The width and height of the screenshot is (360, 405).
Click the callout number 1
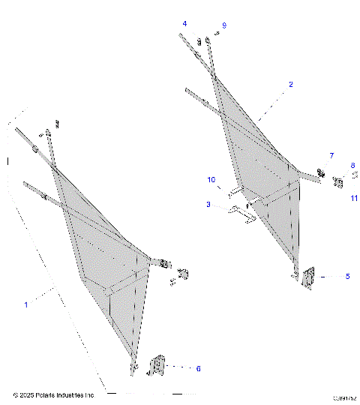pos(26,304)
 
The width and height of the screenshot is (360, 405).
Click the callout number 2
pos(290,85)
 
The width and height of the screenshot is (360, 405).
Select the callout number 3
pos(208,204)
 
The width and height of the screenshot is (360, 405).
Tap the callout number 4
pos(184,25)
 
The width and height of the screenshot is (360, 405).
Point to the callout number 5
pos(347,277)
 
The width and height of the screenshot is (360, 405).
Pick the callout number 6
pos(198,368)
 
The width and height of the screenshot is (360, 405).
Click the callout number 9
pos(223,26)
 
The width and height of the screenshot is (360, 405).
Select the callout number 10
pos(211,180)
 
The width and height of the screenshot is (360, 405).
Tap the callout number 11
pos(352,198)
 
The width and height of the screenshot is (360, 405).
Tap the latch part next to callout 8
pos(338,181)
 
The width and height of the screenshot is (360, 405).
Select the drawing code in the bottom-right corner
pos(343,398)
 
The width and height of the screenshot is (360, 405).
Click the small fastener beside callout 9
pos(215,34)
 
